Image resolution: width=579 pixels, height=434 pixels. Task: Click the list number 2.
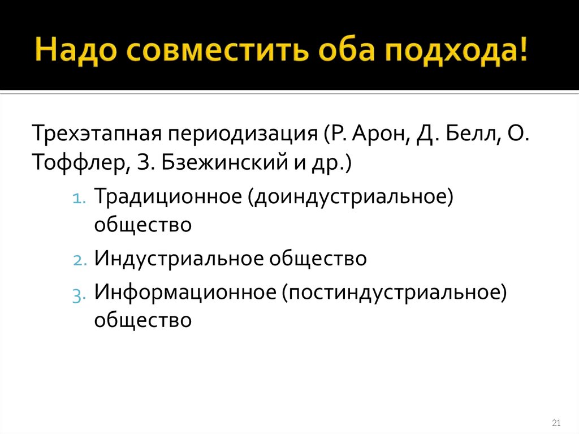tap(79, 260)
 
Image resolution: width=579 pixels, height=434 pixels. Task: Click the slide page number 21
tap(555, 423)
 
